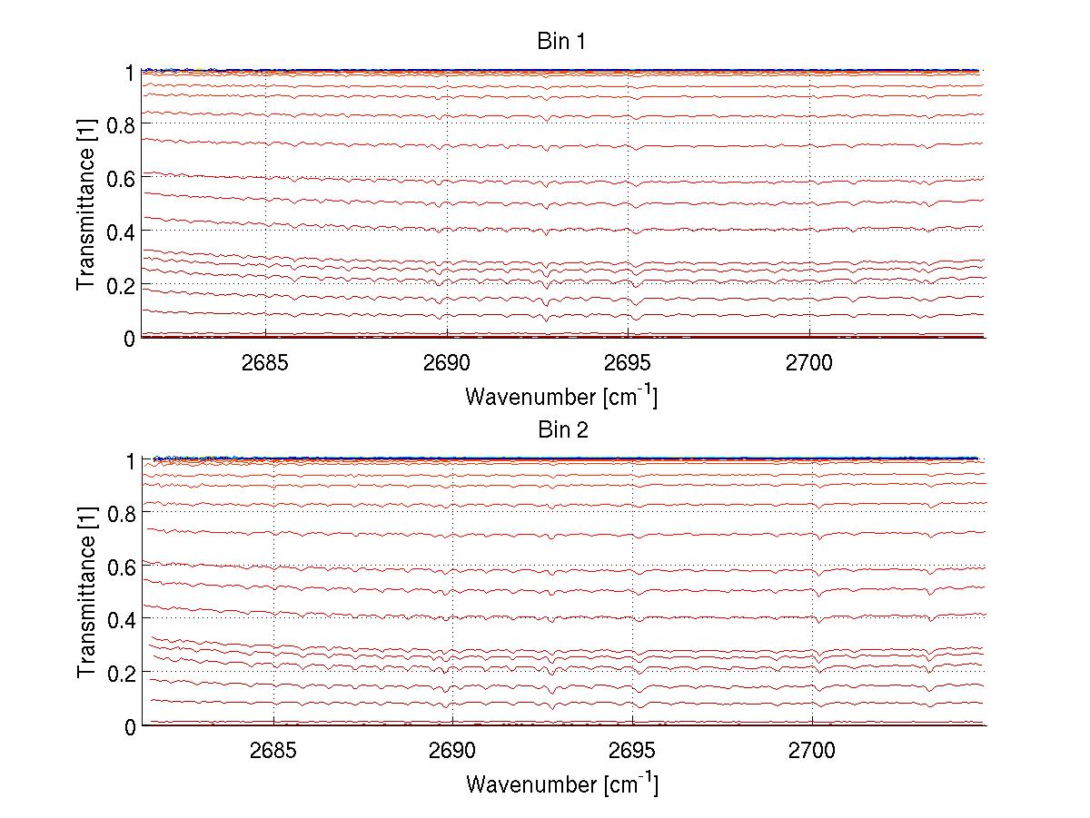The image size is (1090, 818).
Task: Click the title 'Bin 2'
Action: pyautogui.click(x=563, y=430)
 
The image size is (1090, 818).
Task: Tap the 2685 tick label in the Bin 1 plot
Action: pyautogui.click(x=265, y=363)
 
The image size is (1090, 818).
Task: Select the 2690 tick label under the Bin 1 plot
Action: pyautogui.click(x=446, y=363)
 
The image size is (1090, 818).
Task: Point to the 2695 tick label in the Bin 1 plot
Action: pyautogui.click(x=628, y=363)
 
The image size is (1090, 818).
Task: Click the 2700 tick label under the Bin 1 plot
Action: pyautogui.click(x=809, y=363)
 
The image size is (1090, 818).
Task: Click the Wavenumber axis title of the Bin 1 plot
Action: pyautogui.click(x=561, y=397)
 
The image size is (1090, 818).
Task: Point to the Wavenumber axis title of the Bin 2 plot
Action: pyautogui.click(x=561, y=784)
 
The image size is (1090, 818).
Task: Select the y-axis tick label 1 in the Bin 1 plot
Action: pyautogui.click(x=130, y=72)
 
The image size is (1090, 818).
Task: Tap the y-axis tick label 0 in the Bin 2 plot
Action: pyautogui.click(x=130, y=726)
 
